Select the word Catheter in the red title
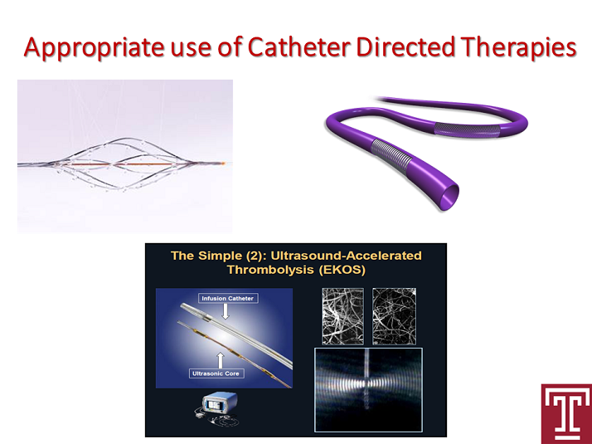(299, 46)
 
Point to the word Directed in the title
(405, 46)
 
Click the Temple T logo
(566, 414)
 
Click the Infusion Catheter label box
(228, 298)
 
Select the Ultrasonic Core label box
(216, 373)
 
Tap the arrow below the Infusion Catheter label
(226, 311)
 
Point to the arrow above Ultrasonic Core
(221, 360)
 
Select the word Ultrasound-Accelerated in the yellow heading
(347, 256)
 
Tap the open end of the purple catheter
(450, 196)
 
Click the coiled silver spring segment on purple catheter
(391, 156)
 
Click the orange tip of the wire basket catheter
(223, 163)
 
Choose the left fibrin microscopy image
(342, 316)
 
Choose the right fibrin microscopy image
(394, 316)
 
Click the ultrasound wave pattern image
(368, 389)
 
